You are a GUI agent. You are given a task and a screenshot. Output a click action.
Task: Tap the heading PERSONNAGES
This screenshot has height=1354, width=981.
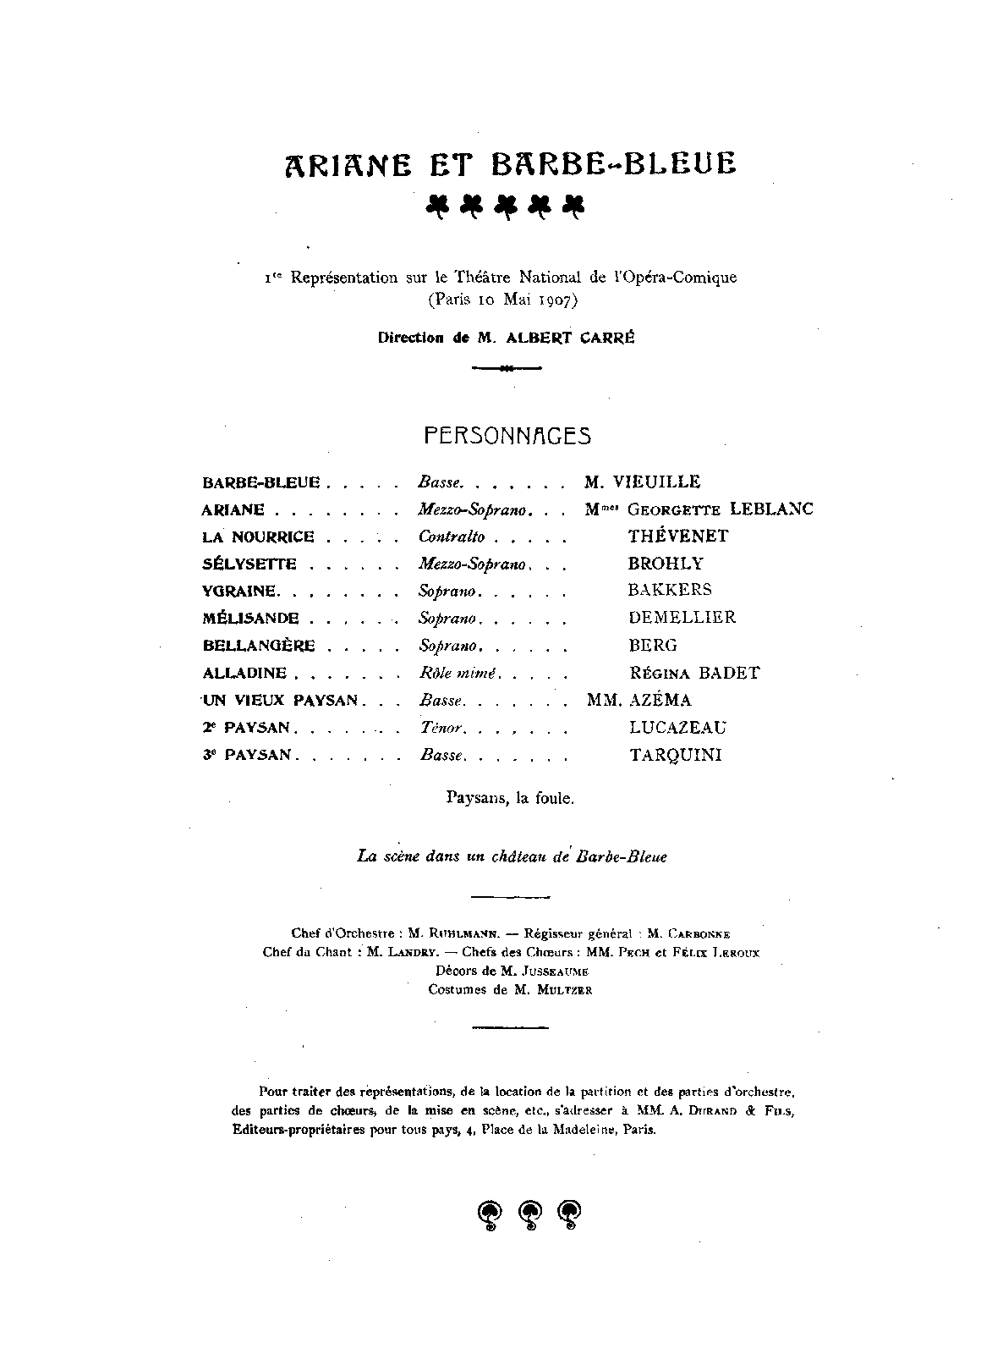coord(507,436)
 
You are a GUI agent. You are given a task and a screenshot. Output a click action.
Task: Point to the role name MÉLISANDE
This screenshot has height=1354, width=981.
coord(250,619)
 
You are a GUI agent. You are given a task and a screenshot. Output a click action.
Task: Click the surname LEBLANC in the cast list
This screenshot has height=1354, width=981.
coord(770,509)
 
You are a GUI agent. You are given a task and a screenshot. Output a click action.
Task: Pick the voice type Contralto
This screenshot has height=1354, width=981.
coord(452,537)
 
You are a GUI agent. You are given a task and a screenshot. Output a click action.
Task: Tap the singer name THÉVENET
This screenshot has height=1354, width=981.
coord(678,537)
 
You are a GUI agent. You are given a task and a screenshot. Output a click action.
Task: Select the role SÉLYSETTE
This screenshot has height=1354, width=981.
coord(249,564)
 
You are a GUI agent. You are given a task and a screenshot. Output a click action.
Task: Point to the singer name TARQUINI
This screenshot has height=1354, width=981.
coord(676,756)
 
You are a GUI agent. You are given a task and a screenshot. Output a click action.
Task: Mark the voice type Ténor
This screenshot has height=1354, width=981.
coord(440,728)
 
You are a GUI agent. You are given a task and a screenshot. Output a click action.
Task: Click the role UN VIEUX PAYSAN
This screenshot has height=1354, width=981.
coord(281,701)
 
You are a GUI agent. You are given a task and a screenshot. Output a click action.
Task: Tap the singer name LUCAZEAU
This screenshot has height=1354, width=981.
coord(677,728)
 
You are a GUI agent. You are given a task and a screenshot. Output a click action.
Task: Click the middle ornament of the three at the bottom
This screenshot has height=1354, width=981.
coord(530,1214)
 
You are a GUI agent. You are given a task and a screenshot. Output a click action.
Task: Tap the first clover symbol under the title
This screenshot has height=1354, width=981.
coord(436,205)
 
